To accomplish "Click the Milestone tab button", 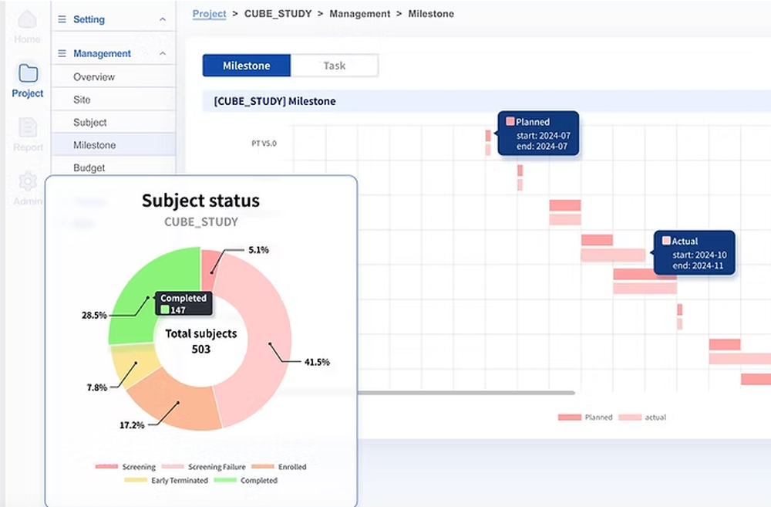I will point(246,66).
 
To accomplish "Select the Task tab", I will point(335,66).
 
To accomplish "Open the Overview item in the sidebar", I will point(94,77).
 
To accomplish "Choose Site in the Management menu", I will point(82,100).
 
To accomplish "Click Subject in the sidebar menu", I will point(90,123).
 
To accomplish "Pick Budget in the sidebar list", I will point(89,167).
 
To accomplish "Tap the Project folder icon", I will point(28,73).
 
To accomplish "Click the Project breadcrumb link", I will point(210,14).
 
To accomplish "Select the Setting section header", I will point(89,19).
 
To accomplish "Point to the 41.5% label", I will point(316,362).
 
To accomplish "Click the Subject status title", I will point(200,201).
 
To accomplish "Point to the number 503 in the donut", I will point(200,349).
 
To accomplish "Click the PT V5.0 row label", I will point(264,144).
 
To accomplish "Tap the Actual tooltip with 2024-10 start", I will point(694,252).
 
